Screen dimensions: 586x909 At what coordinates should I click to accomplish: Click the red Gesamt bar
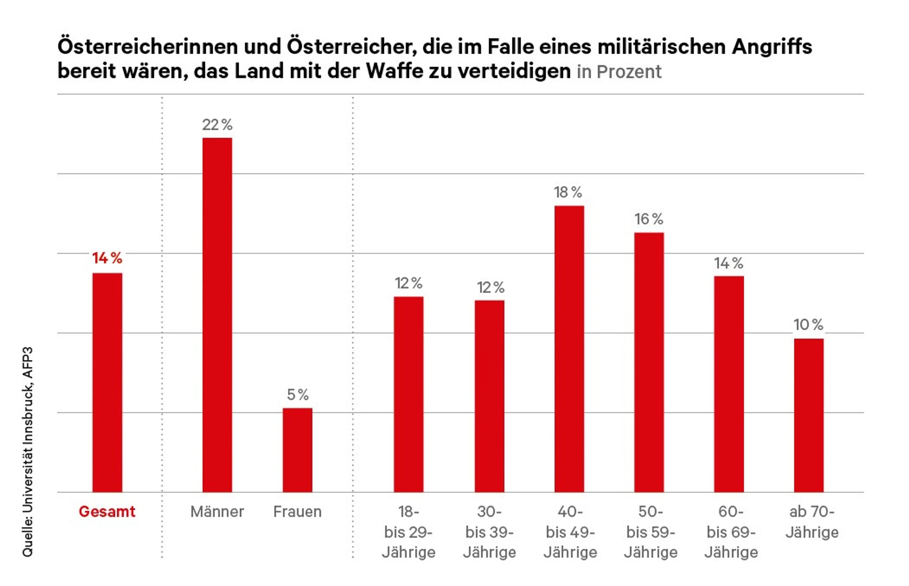[107, 382]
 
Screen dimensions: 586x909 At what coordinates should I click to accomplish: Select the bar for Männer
[217, 315]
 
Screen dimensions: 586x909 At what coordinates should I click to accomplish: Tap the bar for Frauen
[297, 450]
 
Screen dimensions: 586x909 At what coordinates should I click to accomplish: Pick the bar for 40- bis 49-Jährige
[569, 349]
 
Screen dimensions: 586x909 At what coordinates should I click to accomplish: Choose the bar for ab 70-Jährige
[809, 415]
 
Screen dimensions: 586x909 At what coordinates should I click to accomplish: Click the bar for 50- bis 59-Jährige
[649, 362]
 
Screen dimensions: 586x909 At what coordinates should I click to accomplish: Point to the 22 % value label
[217, 125]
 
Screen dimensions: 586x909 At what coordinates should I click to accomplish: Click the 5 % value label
[298, 394]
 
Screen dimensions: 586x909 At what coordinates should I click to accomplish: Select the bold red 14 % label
[107, 258]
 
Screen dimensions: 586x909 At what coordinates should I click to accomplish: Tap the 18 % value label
[568, 193]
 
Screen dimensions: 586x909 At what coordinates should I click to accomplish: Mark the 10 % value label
[808, 324]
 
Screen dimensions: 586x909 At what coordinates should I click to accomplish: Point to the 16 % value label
[649, 219]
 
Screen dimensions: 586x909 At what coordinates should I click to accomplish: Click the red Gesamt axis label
[107, 512]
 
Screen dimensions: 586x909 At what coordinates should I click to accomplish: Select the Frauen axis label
[297, 512]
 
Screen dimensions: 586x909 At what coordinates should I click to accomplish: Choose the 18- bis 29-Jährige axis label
[408, 532]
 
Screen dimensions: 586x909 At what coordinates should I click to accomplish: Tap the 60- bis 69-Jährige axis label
[731, 532]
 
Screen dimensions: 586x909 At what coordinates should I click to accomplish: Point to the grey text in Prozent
[619, 72]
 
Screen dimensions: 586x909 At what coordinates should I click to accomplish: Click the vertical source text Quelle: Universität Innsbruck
[28, 452]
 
